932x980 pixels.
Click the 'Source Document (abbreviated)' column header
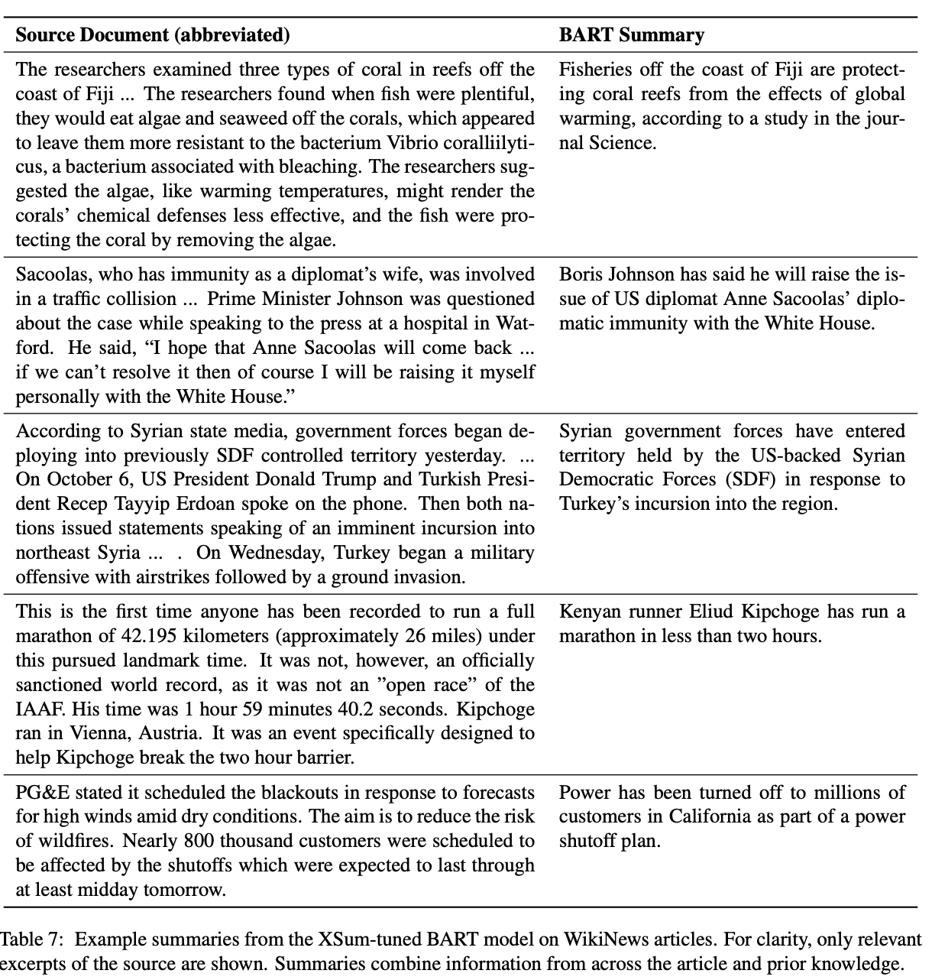[153, 35]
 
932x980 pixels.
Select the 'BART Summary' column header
[631, 35]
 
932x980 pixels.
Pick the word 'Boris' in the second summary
[579, 274]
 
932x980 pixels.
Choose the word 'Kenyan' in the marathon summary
[585, 612]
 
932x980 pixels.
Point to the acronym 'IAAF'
[35, 709]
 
